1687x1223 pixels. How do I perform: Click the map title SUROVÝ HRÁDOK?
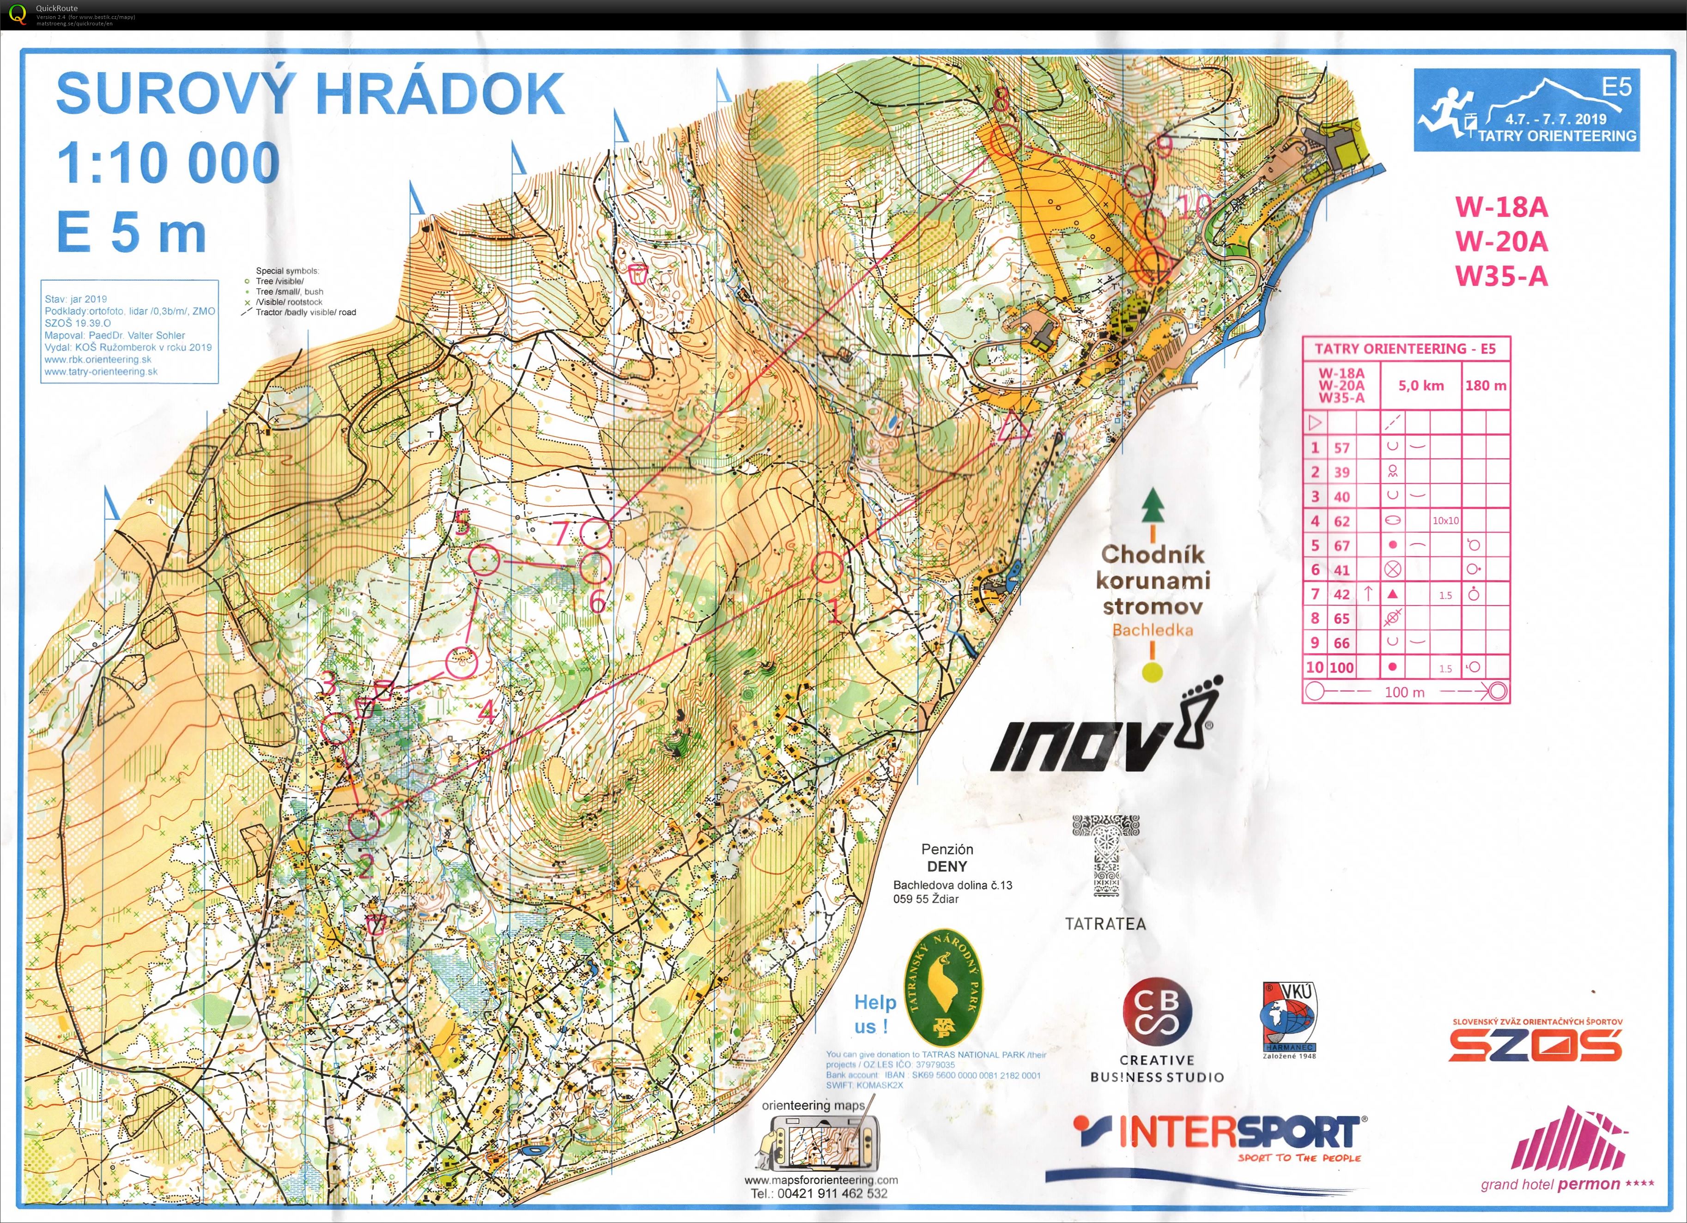(310, 95)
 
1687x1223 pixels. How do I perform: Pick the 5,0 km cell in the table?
(1421, 385)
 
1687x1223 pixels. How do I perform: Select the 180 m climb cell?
(1486, 385)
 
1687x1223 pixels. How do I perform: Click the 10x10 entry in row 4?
(1445, 521)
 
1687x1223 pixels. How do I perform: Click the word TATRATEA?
(1105, 924)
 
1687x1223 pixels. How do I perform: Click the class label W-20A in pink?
(1501, 241)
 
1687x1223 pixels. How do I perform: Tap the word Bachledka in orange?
(1152, 630)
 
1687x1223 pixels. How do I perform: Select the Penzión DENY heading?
(947, 858)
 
